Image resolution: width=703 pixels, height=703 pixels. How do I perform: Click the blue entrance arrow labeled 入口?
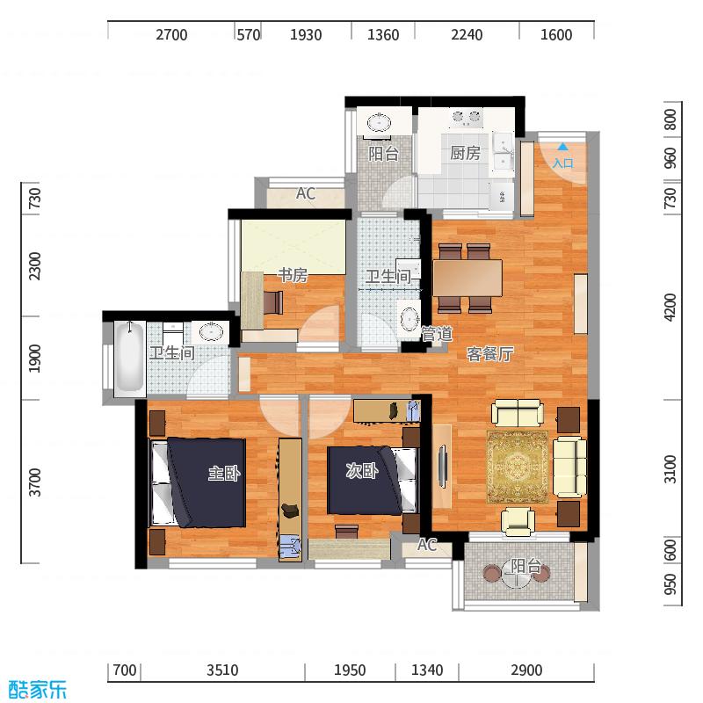pyautogui.click(x=562, y=147)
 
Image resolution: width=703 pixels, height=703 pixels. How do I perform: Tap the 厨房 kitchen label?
pyautogui.click(x=465, y=153)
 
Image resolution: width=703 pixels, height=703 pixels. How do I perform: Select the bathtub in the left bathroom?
pyautogui.click(x=129, y=359)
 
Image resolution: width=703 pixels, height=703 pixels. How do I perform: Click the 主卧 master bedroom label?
pyautogui.click(x=224, y=473)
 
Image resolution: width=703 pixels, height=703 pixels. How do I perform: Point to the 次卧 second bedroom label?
pyautogui.click(x=362, y=470)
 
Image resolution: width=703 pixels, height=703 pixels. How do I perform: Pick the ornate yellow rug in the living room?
pyautogui.click(x=518, y=467)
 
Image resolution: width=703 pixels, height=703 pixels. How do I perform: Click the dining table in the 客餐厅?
pyautogui.click(x=467, y=278)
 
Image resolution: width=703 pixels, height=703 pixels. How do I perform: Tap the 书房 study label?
pyautogui.click(x=293, y=275)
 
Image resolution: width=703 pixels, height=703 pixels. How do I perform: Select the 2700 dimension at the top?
pyautogui.click(x=171, y=34)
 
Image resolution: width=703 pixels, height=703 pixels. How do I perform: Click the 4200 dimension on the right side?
pyautogui.click(x=670, y=307)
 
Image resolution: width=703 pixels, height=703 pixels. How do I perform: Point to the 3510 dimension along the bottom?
pyautogui.click(x=222, y=670)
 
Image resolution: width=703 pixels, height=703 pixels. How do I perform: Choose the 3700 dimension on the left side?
pyautogui.click(x=34, y=482)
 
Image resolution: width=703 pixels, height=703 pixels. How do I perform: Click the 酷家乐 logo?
pyautogui.click(x=38, y=689)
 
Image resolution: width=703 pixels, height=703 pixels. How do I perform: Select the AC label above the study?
pyautogui.click(x=305, y=193)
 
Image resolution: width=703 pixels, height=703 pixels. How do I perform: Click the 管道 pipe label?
pyautogui.click(x=437, y=335)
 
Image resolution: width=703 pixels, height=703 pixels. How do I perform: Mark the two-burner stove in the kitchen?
pyautogui.click(x=467, y=118)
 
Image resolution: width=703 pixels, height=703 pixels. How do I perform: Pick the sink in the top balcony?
pyautogui.click(x=380, y=122)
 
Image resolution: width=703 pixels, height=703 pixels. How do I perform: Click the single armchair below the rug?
pyautogui.click(x=518, y=521)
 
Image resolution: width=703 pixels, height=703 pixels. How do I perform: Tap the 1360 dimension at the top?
pyautogui.click(x=383, y=34)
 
